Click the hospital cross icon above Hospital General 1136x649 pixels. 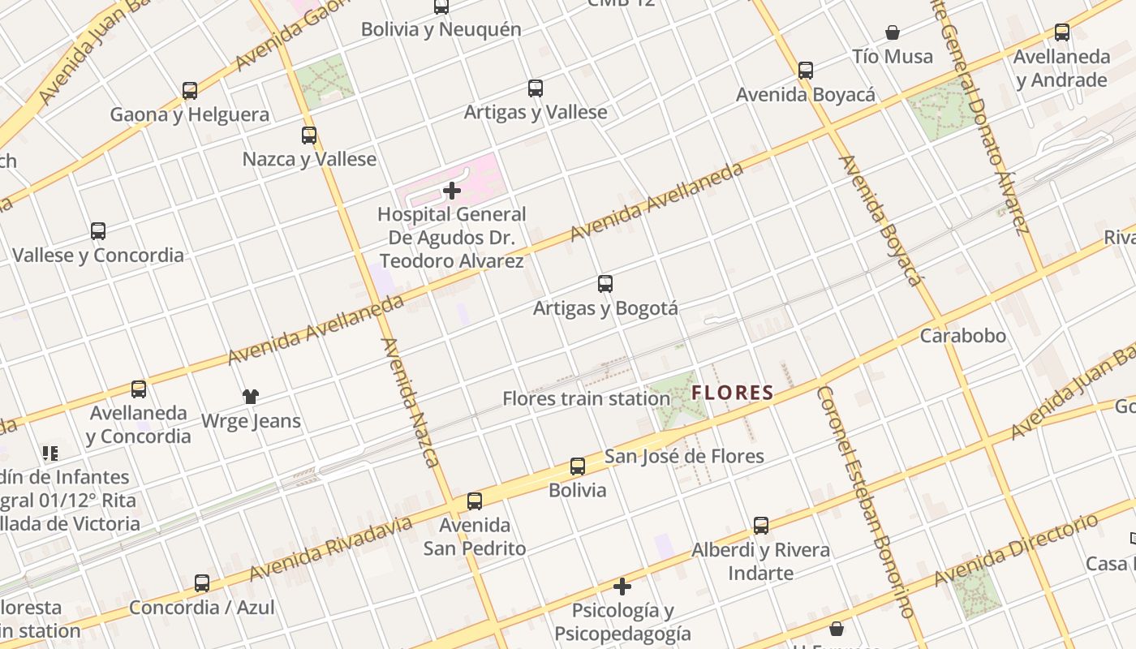coord(452,191)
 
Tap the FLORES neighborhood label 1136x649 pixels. coord(732,393)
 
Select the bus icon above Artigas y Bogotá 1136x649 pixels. coord(605,284)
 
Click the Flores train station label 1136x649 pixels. coord(586,398)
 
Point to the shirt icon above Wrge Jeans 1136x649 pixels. coord(251,397)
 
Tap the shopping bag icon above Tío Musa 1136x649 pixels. coord(893,32)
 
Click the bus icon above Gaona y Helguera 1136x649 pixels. coord(190,91)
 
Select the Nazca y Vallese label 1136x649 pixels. coord(309,159)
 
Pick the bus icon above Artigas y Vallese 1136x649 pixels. coord(536,88)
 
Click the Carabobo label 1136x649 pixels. coord(962,336)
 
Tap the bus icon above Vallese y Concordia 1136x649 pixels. coord(98,231)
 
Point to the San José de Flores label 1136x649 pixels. coord(684,456)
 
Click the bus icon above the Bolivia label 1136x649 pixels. coord(578,466)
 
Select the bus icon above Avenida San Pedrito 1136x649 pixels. coord(475,501)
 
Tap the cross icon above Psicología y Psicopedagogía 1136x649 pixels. coord(622,586)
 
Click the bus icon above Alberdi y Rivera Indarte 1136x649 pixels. coord(761,526)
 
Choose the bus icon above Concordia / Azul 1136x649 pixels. coord(202,583)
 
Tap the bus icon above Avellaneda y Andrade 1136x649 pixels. coord(1062,32)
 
